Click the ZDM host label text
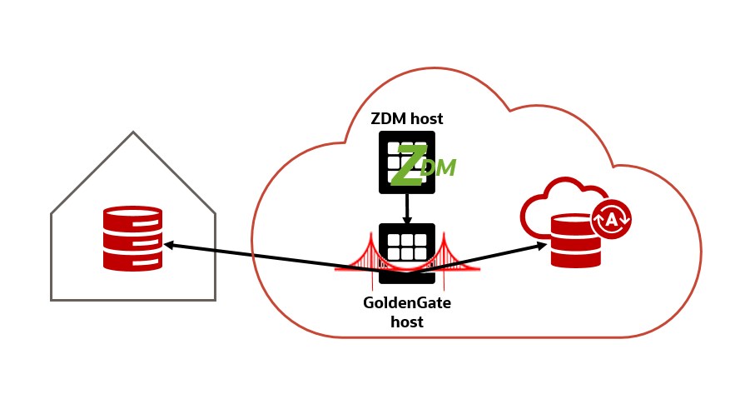407,118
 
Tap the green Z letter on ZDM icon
408,166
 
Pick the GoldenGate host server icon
407,247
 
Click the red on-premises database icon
132,238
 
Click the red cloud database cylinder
576,242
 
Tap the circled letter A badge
611,219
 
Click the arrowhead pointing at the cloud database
544,245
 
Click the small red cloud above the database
554,200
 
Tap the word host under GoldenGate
407,322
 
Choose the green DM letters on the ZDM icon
439,167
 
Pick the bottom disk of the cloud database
576,259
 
